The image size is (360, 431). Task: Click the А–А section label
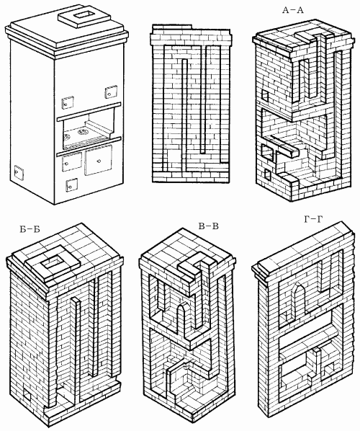(x=293, y=10)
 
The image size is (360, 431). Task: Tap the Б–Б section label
(x=30, y=229)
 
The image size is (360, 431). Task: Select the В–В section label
(x=208, y=226)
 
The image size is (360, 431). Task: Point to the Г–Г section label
(x=313, y=219)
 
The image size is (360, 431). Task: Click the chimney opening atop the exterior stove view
(x=84, y=14)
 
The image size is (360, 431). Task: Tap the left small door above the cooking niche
(x=68, y=102)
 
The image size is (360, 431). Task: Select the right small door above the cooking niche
(x=111, y=92)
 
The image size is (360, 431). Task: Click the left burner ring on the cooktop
(x=68, y=135)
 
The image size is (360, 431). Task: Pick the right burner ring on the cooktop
(x=82, y=132)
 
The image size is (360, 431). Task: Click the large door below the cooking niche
(x=99, y=160)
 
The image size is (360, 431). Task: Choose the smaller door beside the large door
(x=72, y=162)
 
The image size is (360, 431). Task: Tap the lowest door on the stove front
(x=71, y=185)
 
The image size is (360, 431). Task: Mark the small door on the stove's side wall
(x=19, y=173)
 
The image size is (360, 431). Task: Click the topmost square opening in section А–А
(x=265, y=95)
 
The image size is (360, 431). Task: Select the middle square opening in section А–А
(x=268, y=153)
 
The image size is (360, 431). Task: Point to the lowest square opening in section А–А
(x=267, y=175)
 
